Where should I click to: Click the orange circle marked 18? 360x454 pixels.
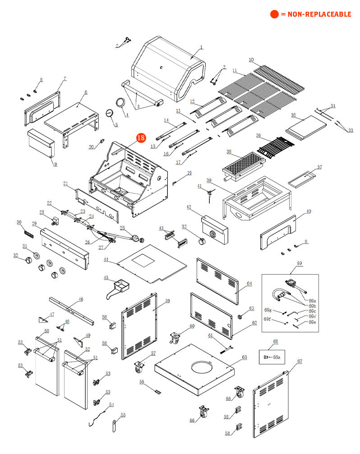point(141,138)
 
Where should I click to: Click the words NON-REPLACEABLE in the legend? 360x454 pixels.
point(316,14)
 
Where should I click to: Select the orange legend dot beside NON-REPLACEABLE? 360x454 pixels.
point(274,14)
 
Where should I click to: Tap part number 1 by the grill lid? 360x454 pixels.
point(201,47)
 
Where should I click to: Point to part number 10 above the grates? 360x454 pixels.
point(251,60)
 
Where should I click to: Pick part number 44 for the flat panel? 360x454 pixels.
point(106,260)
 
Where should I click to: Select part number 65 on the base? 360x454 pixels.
point(245,357)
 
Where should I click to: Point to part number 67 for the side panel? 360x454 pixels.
point(300,362)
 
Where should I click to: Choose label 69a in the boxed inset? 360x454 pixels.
point(312,300)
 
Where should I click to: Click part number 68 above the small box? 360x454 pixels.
point(276,341)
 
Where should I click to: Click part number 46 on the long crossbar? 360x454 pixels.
point(81,299)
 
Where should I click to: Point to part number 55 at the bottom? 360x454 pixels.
point(123,415)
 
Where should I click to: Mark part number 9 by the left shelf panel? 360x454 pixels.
point(55,165)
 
